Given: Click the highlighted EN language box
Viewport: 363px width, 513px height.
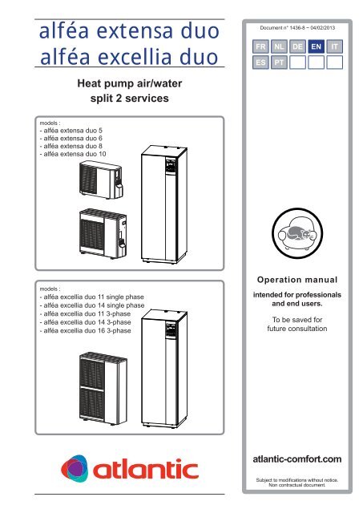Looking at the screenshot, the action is tap(316, 46).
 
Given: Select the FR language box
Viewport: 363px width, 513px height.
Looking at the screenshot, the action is tap(260, 46).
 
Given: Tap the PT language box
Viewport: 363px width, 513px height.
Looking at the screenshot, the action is tap(279, 63).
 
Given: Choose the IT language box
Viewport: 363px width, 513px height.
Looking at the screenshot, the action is tap(334, 46).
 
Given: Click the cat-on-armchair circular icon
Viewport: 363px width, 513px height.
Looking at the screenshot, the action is tap(297, 233).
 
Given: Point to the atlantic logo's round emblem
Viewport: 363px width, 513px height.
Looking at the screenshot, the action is tap(75, 468).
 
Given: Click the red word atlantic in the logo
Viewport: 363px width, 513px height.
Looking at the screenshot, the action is tap(146, 469).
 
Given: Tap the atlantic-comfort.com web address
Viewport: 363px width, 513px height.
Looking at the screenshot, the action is tap(297, 459).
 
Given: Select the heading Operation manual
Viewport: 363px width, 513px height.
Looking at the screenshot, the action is tap(297, 280).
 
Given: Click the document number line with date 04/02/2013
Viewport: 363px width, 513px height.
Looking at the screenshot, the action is tap(297, 28).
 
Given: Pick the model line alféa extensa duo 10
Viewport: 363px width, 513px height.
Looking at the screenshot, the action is tap(73, 154).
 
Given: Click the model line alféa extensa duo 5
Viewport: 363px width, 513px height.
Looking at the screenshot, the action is tap(71, 130).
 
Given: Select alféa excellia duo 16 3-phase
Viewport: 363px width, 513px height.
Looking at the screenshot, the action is tap(86, 330).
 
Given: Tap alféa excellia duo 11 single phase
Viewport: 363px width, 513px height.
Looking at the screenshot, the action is tap(92, 297).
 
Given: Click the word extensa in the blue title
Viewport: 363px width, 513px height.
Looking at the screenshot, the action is tap(135, 31).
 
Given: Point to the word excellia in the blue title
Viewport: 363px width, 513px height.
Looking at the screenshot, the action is tap(135, 57).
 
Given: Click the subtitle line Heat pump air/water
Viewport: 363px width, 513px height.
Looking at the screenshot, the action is tap(130, 83).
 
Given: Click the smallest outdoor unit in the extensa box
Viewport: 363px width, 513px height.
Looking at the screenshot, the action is tap(101, 180).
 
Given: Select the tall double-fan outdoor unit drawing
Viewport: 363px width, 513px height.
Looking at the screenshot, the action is tap(103, 388).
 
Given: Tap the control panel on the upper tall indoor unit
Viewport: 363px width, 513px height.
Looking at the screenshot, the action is tap(171, 165).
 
